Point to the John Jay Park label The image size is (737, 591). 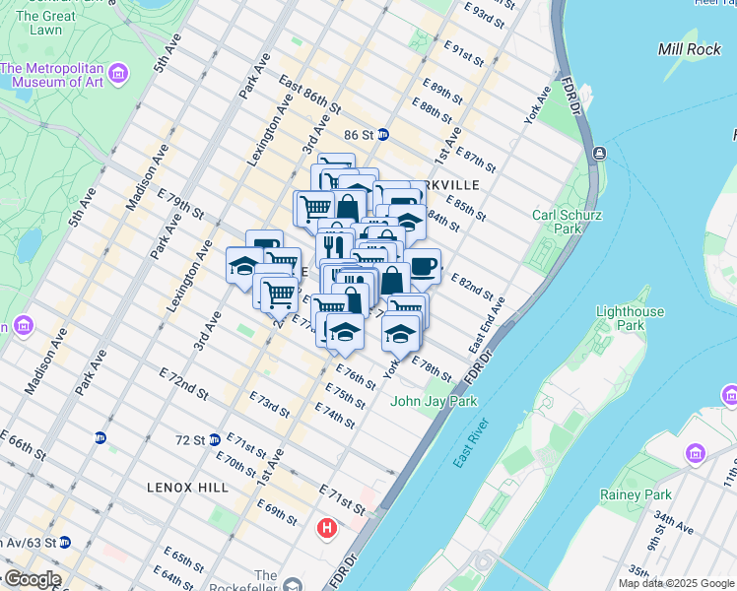pos(434,401)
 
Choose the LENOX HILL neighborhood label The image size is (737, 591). pos(187,488)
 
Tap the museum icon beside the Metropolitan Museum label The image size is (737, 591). pos(119,74)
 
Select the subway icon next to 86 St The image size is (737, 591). pos(382,134)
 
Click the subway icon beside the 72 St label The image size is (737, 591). pos(214,439)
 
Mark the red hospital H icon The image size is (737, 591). pos(326,530)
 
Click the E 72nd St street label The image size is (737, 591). pos(184,384)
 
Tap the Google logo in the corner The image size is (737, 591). pos(33,579)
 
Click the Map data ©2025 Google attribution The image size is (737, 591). pos(675,583)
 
